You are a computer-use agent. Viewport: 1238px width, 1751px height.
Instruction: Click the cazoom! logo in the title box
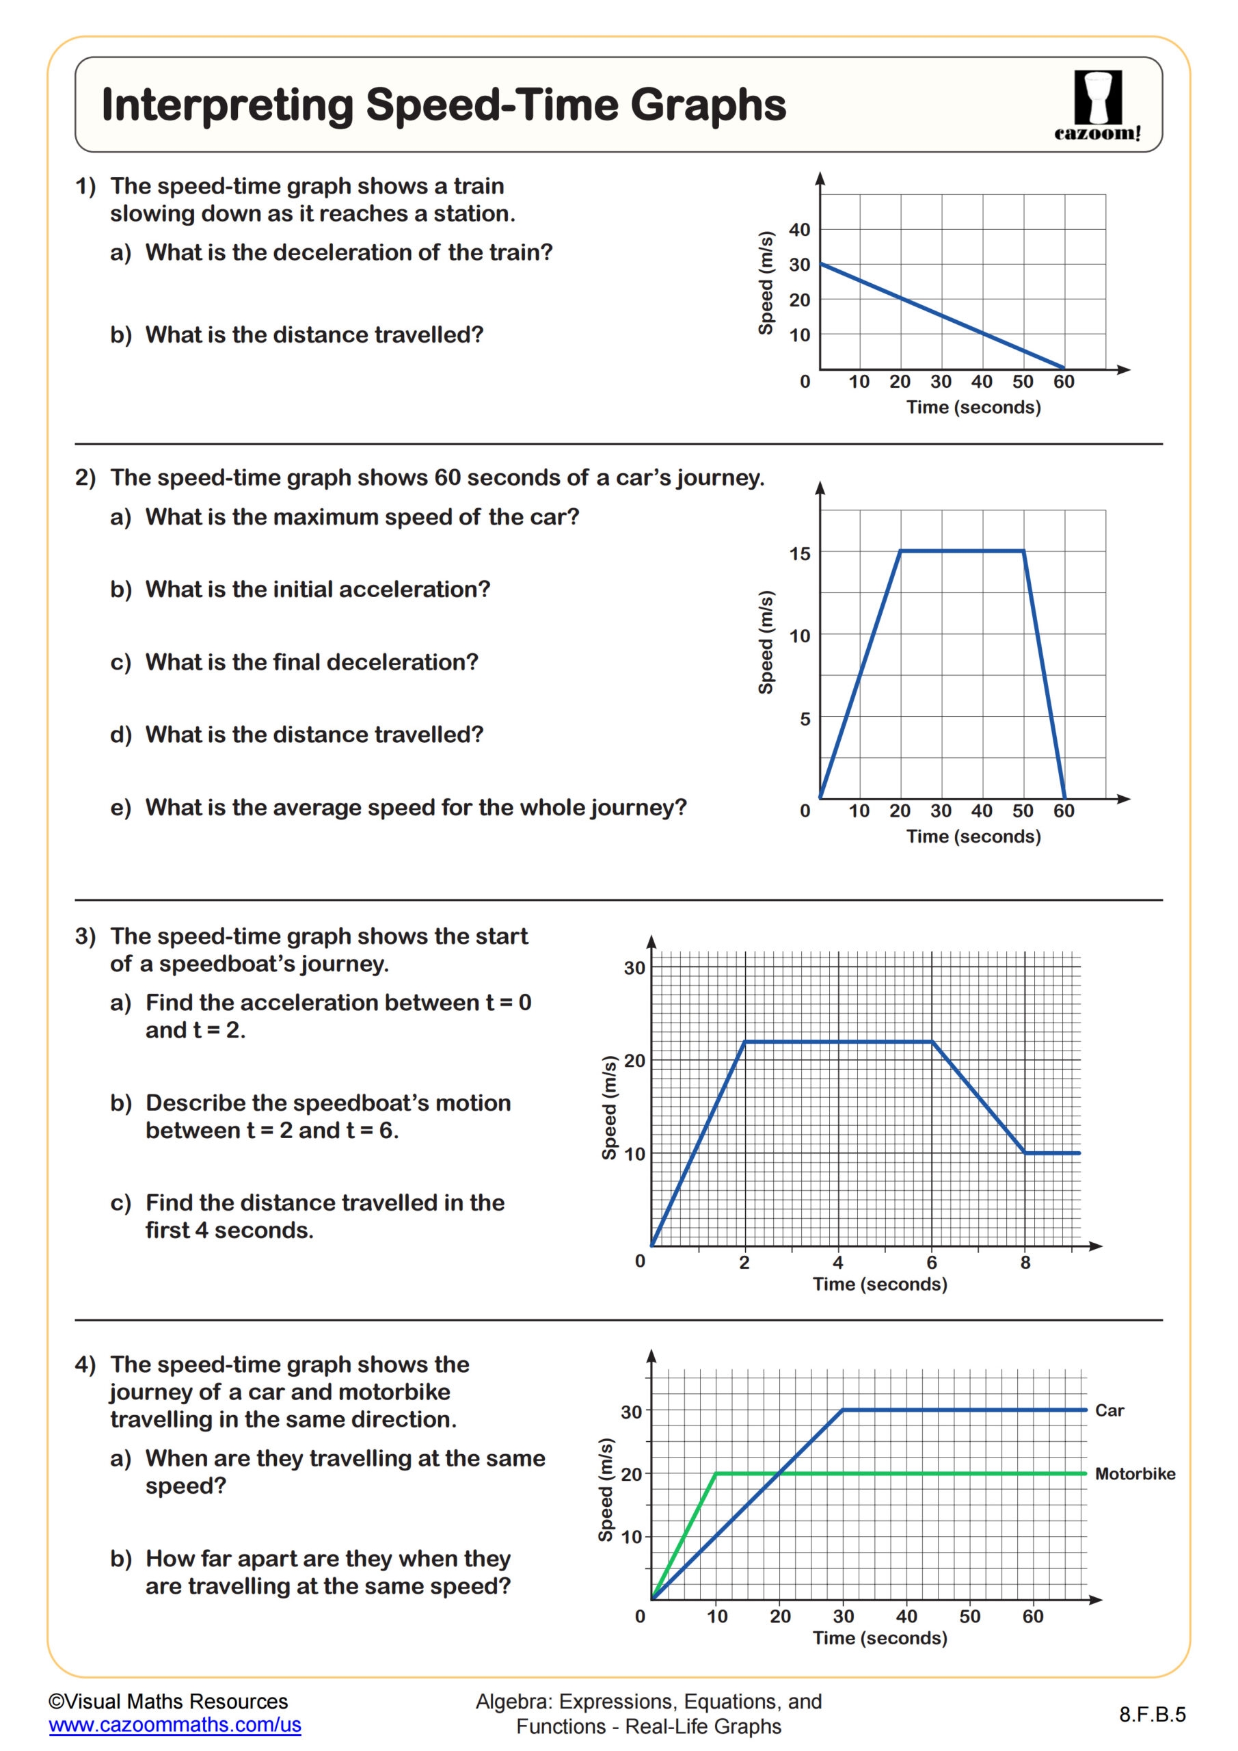click(1097, 105)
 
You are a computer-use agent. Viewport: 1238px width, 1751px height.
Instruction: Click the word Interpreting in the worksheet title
click(227, 105)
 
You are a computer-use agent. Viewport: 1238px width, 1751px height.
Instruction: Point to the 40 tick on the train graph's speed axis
click(799, 230)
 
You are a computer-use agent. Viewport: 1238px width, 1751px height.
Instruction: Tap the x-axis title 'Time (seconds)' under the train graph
click(973, 407)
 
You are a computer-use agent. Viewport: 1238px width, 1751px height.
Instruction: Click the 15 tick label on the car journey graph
click(799, 553)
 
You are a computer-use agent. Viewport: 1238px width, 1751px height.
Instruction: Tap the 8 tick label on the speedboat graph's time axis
click(1025, 1263)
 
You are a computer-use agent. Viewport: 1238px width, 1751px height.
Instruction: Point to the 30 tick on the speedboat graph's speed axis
click(634, 969)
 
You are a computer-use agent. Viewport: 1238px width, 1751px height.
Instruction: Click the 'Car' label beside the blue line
click(1109, 1411)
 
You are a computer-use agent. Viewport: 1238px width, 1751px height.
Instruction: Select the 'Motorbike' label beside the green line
click(1134, 1474)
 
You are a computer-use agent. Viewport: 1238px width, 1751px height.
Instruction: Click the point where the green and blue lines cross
click(779, 1473)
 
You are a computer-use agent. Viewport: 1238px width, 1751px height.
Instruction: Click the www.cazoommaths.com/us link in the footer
click(174, 1725)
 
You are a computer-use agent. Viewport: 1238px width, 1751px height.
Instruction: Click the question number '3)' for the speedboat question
click(85, 936)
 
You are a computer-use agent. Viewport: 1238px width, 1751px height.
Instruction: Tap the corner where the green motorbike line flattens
click(716, 1473)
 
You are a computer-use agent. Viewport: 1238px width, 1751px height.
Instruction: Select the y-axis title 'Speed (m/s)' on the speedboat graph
click(609, 1108)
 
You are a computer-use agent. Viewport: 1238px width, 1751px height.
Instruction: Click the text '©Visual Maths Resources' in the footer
click(167, 1702)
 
